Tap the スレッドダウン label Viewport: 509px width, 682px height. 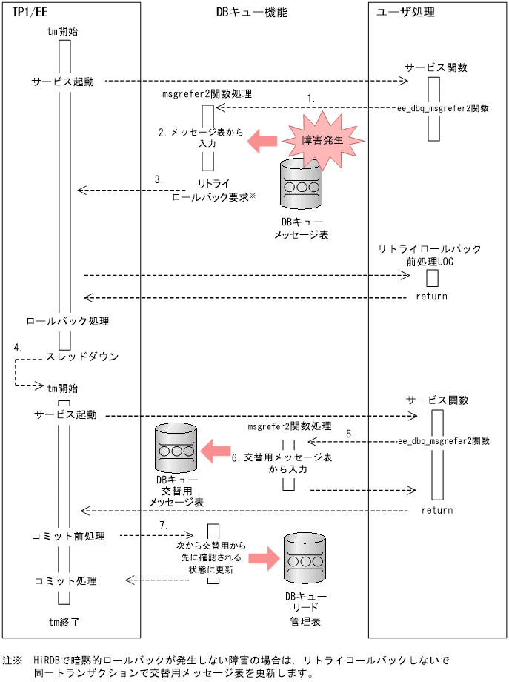(x=82, y=357)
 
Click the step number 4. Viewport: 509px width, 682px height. (x=17, y=347)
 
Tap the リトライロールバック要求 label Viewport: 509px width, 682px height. (x=210, y=192)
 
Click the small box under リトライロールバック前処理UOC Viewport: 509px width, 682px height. (x=431, y=278)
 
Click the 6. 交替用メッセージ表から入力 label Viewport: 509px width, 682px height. (x=282, y=463)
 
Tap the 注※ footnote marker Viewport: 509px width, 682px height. (x=13, y=659)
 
